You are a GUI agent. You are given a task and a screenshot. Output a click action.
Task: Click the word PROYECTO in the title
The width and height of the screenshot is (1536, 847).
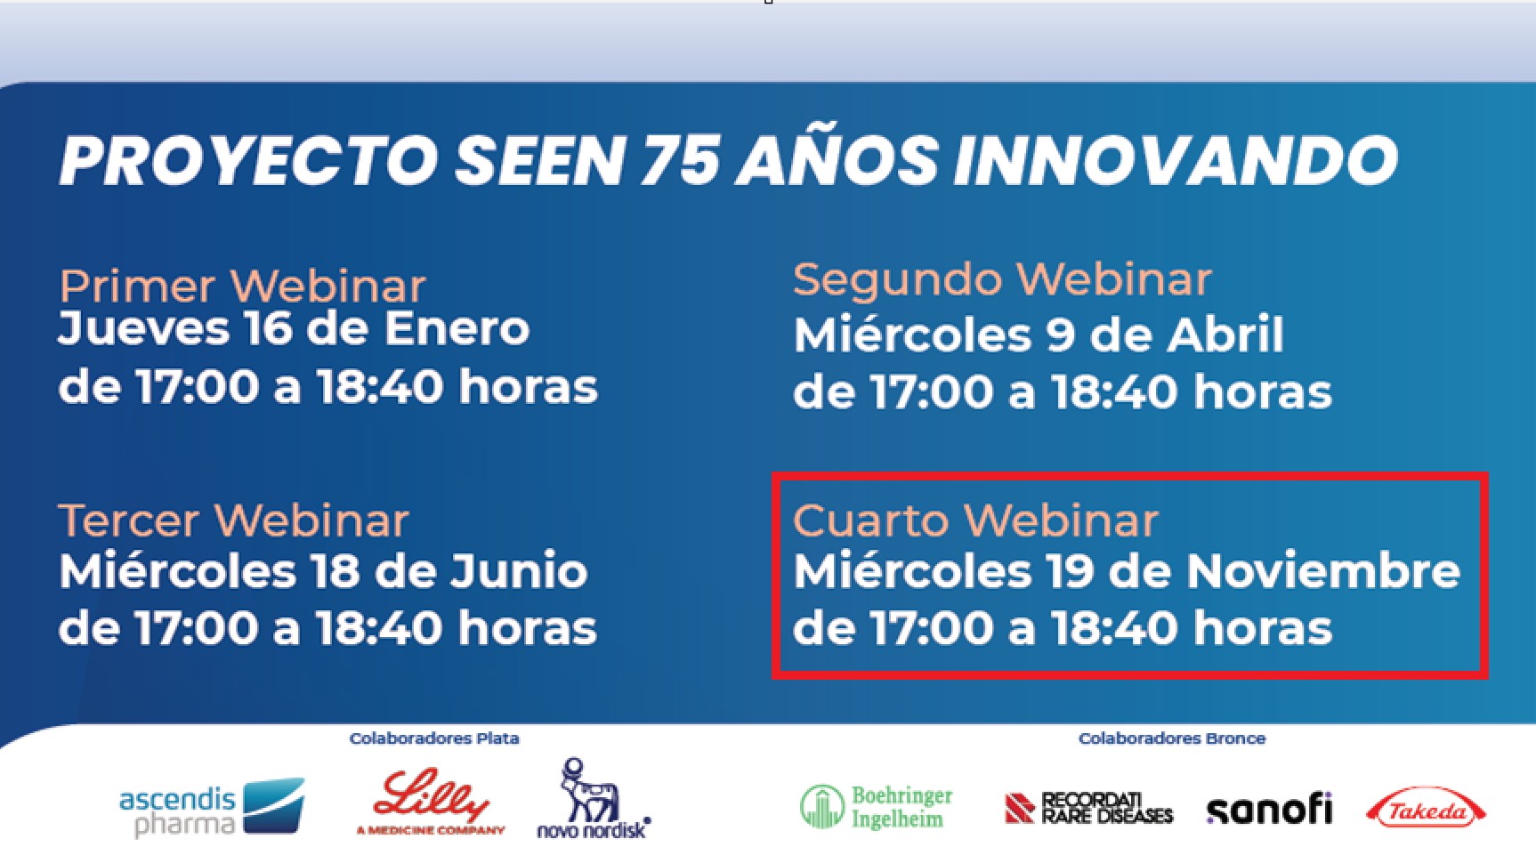click(x=248, y=161)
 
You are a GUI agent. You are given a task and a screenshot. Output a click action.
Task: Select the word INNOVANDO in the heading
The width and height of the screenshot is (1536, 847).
click(x=1175, y=161)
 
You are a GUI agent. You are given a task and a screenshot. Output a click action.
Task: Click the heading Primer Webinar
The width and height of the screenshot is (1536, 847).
click(x=242, y=286)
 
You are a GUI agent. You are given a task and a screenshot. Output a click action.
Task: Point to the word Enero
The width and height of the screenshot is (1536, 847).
click(x=457, y=328)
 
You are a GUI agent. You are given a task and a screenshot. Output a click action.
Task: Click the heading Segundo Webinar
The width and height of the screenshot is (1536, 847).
click(x=1002, y=279)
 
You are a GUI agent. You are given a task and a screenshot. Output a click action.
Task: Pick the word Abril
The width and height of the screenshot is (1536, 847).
click(x=1226, y=335)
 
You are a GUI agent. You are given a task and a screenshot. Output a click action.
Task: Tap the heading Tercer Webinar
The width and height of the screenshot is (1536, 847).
click(x=234, y=520)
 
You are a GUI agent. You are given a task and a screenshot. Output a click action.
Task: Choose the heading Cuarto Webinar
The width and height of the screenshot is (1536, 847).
click(x=975, y=520)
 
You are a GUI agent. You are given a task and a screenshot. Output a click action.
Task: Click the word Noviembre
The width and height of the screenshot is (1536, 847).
click(x=1323, y=571)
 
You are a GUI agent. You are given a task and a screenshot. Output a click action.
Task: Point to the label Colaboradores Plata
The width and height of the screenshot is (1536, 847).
click(x=434, y=738)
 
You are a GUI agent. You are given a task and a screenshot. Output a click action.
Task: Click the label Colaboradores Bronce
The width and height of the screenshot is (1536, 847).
click(x=1172, y=738)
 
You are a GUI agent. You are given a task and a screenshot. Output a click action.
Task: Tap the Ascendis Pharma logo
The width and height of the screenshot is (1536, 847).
click(x=212, y=808)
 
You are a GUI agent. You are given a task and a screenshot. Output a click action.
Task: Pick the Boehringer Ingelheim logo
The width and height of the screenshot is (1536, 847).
click(x=876, y=807)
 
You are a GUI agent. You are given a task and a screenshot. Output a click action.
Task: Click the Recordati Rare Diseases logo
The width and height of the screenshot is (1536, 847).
click(x=1088, y=808)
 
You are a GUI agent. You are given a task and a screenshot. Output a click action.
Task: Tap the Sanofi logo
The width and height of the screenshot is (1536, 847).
click(x=1269, y=809)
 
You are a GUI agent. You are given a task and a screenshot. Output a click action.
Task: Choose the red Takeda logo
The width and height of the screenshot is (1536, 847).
click(x=1426, y=809)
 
